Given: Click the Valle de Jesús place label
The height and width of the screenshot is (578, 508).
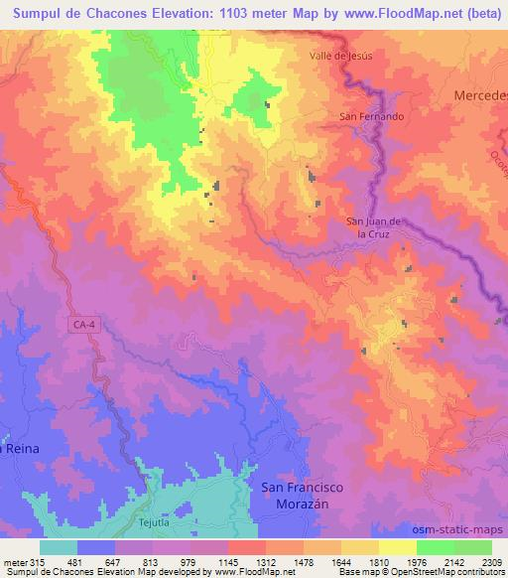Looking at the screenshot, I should (x=340, y=56).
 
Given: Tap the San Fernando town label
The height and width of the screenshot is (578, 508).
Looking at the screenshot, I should (x=372, y=116).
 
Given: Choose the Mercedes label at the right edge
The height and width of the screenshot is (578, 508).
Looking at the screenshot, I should (x=480, y=94).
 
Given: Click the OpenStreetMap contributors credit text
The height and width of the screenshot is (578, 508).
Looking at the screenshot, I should (x=456, y=572).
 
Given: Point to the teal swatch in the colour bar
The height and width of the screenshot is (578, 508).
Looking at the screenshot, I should (x=59, y=547).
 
